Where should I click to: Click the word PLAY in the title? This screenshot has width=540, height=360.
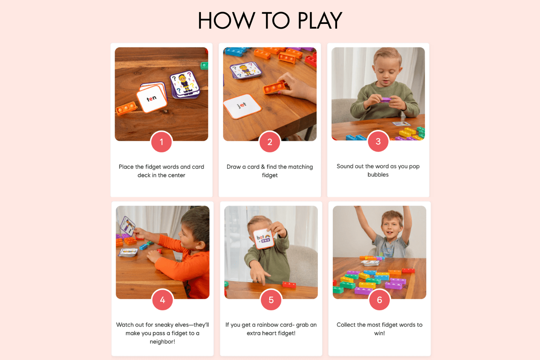(x=320, y=20)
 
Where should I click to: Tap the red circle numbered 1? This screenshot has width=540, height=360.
(x=162, y=142)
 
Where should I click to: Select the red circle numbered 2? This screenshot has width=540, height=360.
(x=270, y=142)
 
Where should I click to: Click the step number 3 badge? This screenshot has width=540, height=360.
(x=378, y=142)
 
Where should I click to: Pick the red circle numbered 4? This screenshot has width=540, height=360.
(x=162, y=300)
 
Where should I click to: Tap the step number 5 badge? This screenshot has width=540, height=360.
(x=271, y=300)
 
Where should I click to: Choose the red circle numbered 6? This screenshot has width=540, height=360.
(x=379, y=300)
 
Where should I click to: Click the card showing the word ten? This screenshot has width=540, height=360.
(x=152, y=99)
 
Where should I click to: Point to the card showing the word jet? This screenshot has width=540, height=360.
(x=242, y=106)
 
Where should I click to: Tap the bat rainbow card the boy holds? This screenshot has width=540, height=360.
(x=263, y=238)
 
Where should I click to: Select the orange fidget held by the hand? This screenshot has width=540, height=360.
(x=274, y=88)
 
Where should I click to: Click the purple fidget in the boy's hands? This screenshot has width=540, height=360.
(x=386, y=99)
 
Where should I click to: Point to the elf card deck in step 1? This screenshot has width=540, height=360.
(x=185, y=85)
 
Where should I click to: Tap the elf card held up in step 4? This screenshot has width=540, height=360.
(x=128, y=226)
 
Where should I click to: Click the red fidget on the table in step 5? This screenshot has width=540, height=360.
(x=289, y=285)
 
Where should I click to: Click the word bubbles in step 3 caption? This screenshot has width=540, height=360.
(x=378, y=175)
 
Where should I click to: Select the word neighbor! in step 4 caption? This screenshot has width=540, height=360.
(x=162, y=342)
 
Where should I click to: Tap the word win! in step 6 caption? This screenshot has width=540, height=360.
(x=379, y=333)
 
